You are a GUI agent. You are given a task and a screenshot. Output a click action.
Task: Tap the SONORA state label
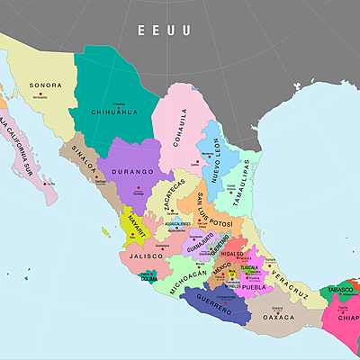coord(46,85)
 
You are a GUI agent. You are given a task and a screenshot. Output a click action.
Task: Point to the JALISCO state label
coord(145,256)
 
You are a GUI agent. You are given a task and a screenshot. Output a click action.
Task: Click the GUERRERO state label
coord(219,301)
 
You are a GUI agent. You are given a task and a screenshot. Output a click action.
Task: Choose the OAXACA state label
coord(278,316)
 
